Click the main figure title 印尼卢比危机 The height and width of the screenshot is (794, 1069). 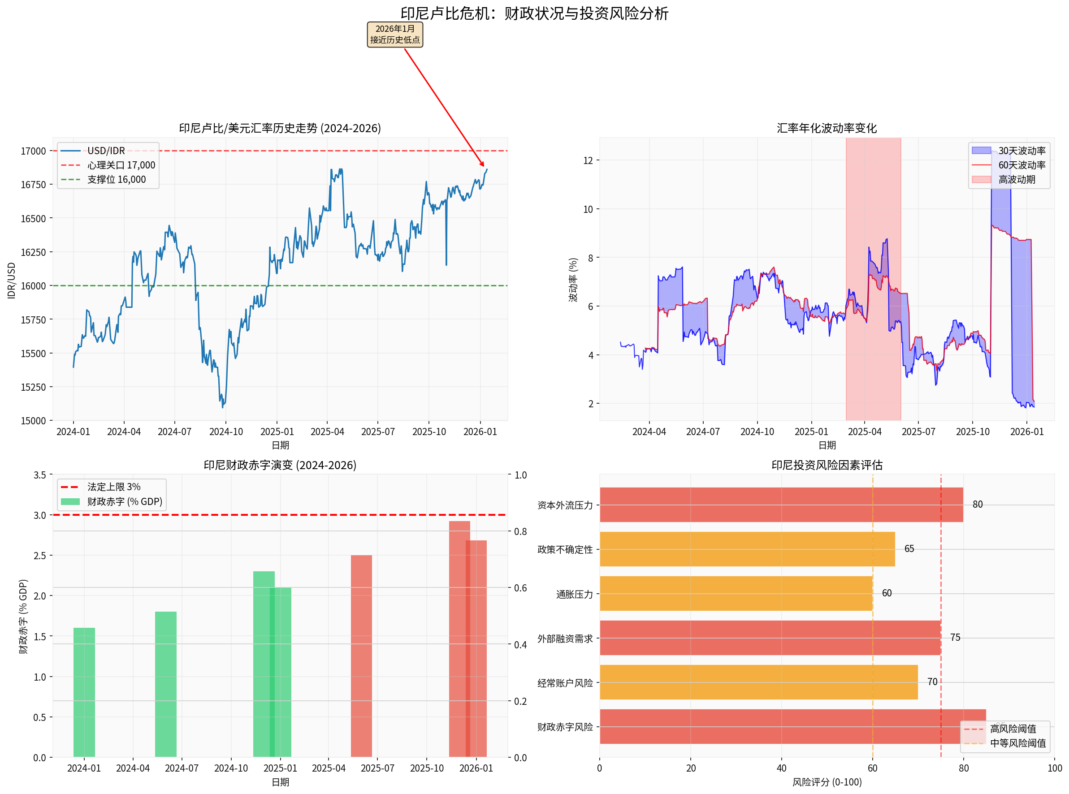click(x=534, y=13)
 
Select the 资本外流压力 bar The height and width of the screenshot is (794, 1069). click(x=781, y=505)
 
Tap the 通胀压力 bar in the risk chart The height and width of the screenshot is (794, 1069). click(x=736, y=594)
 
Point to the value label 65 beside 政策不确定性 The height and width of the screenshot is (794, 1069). click(x=909, y=549)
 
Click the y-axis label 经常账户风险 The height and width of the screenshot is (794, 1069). click(x=565, y=683)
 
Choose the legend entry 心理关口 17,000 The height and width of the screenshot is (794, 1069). click(x=121, y=165)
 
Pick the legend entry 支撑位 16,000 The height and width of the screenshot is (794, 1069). click(x=117, y=180)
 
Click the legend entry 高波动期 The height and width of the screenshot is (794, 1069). click(x=1016, y=180)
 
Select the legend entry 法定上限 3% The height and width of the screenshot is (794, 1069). click(x=114, y=487)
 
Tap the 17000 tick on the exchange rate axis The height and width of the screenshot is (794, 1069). click(x=33, y=151)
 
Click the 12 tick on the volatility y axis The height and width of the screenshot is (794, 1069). click(x=588, y=160)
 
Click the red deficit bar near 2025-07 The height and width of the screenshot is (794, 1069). click(x=361, y=656)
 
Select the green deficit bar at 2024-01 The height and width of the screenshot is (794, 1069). click(x=84, y=692)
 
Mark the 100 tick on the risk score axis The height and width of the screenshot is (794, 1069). click(x=1055, y=768)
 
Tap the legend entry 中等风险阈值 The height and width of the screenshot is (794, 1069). click(x=1017, y=743)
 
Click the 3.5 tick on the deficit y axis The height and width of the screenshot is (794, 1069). click(x=40, y=475)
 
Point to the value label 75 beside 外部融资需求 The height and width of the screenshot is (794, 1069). click(x=955, y=638)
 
